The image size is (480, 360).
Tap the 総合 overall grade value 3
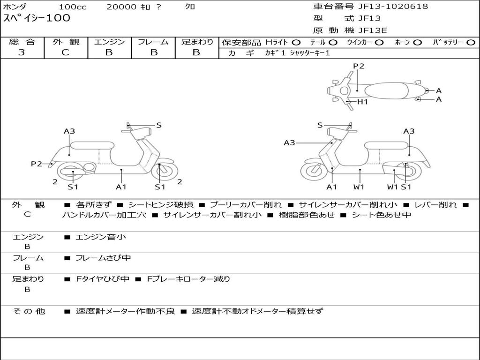pyautogui.click(x=22, y=52)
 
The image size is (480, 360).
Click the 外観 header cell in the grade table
pyautogui.click(x=66, y=42)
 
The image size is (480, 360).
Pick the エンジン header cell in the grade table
pyautogui.click(x=109, y=42)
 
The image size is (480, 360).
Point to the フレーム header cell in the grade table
pyautogui.click(x=153, y=42)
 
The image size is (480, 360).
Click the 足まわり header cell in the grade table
pyautogui.click(x=197, y=42)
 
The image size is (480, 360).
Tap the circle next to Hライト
pyautogui.click(x=296, y=43)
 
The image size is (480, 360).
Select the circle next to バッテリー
pyautogui.click(x=470, y=43)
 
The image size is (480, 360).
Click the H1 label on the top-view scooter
pyautogui.click(x=363, y=102)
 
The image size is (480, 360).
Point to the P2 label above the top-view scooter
pyautogui.click(x=359, y=66)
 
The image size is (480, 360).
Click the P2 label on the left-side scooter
pyautogui.click(x=37, y=164)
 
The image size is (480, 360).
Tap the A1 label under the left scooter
pyautogui.click(x=121, y=187)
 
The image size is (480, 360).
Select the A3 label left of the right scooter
pyautogui.click(x=289, y=142)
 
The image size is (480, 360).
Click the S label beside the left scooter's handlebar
pyautogui.click(x=159, y=125)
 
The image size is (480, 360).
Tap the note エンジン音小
pyautogui.click(x=101, y=237)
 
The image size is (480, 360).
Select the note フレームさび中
pyautogui.click(x=103, y=258)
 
